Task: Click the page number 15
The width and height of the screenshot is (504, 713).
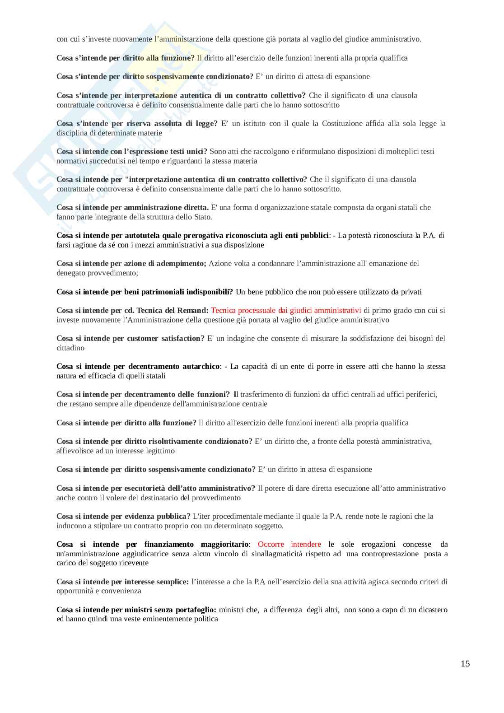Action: click(465, 663)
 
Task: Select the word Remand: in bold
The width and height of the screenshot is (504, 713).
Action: click(193, 310)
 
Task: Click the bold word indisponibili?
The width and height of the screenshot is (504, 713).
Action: click(207, 292)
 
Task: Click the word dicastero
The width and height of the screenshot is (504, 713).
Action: click(429, 610)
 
